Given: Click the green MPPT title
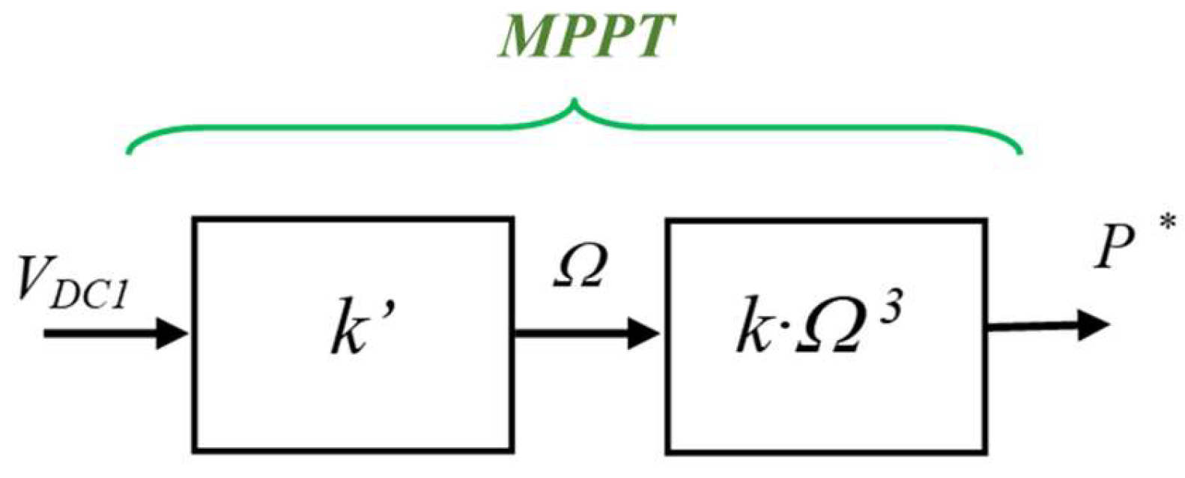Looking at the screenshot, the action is [x=587, y=36].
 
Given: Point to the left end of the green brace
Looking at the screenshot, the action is [x=129, y=152].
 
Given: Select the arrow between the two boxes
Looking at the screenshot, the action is [x=584, y=332].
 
